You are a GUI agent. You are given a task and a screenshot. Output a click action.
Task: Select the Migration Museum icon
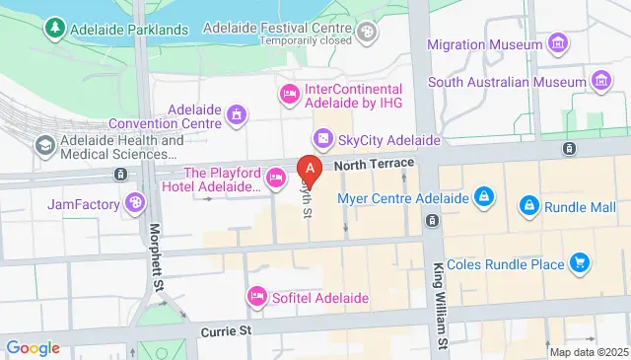559,44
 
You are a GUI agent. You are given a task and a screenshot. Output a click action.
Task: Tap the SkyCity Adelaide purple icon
320,139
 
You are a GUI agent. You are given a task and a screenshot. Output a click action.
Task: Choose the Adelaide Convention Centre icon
235,116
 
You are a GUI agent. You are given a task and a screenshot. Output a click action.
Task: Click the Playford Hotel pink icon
276,179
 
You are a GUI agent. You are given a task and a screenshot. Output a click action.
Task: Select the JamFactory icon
133,204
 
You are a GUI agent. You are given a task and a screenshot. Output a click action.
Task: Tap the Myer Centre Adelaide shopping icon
483,197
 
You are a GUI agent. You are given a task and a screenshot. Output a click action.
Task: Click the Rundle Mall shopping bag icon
529,204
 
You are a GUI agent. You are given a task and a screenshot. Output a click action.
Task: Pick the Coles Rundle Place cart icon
580,263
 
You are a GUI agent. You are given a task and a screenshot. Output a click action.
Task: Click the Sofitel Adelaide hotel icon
256,296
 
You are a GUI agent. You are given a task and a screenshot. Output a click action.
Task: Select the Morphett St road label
157,257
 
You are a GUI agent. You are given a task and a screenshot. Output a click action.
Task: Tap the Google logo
34,347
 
